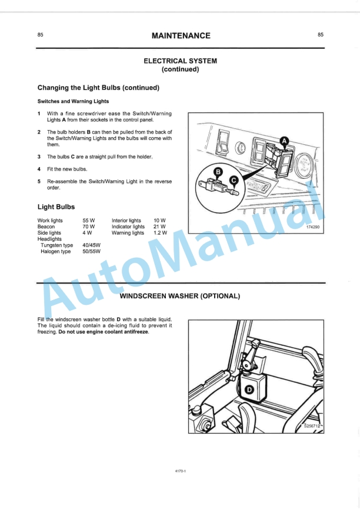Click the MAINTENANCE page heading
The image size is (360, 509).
tap(181, 36)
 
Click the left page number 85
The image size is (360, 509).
tap(40, 35)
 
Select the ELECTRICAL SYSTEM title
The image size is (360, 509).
tap(181, 61)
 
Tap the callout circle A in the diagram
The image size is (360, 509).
tap(284, 141)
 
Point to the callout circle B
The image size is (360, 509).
tap(218, 172)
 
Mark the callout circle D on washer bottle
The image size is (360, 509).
tap(249, 390)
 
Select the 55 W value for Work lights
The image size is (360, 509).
tap(89, 221)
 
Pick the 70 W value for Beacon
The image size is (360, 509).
tap(89, 227)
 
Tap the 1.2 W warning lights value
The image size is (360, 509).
tap(160, 233)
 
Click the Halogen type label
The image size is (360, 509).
tap(55, 251)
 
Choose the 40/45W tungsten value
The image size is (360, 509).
tap(92, 245)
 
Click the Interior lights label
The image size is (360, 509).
tap(126, 221)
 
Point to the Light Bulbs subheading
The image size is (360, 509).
tap(56, 207)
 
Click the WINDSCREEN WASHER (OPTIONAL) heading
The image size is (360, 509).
tap(180, 296)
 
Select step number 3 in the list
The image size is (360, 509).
tap(39, 157)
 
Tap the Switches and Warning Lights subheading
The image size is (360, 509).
tap(73, 101)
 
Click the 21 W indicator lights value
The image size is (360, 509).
tap(159, 227)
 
